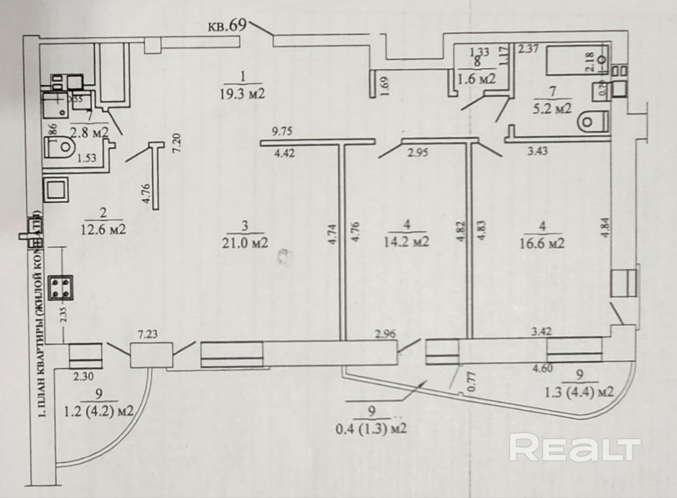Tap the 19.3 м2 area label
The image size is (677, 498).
click(243, 94)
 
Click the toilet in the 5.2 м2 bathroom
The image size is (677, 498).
click(592, 122)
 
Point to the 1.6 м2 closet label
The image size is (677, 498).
click(476, 78)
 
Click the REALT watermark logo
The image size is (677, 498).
click(575, 447)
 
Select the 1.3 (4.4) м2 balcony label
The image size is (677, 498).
click(580, 392)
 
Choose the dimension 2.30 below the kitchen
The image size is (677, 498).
click(83, 377)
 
